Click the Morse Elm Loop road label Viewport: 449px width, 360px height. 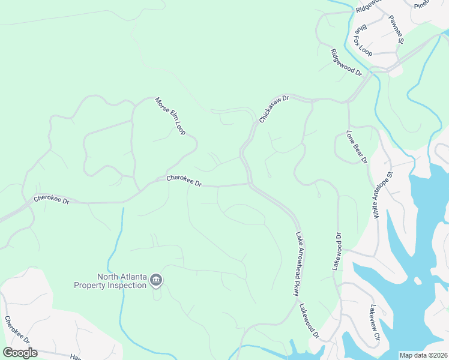point(169,116)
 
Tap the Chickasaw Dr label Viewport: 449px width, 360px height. point(274,109)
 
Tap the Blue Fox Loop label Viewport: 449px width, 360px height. point(363,40)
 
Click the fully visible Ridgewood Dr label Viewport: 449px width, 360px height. point(346,62)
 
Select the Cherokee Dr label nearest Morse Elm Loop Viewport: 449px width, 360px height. point(184,180)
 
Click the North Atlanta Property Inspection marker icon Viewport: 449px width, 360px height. point(156,280)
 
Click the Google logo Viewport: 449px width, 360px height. point(20,352)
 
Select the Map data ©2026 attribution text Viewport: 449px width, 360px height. point(423,355)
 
